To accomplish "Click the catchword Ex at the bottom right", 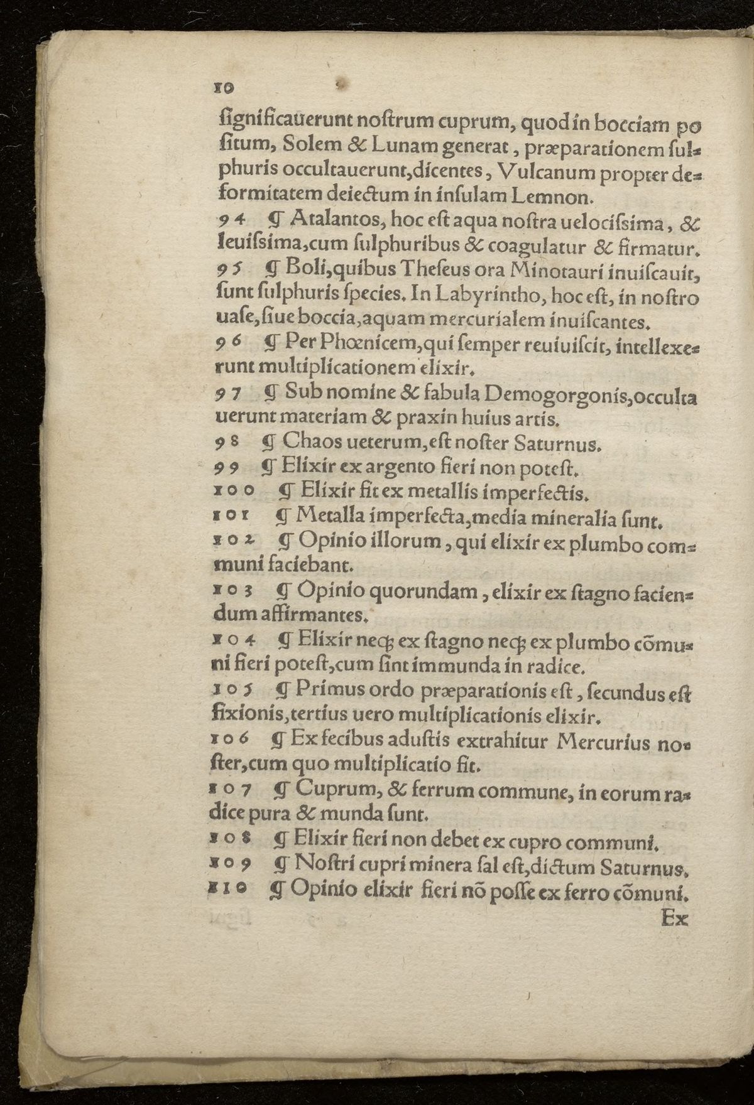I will click(675, 919).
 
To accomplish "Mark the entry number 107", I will click(233, 791).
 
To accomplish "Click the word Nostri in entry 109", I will click(327, 866).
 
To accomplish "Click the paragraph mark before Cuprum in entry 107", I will click(280, 791).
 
